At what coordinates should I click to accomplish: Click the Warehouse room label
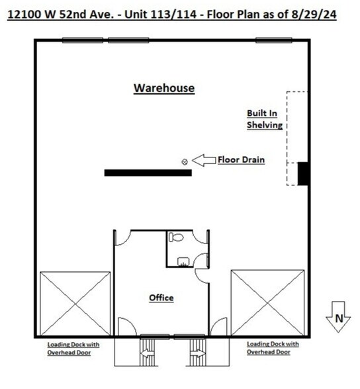(x=164, y=88)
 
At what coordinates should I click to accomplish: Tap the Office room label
(x=161, y=298)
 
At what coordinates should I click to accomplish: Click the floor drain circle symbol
(x=185, y=161)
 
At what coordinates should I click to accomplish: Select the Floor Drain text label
(x=242, y=159)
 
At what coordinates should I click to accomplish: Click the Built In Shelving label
(x=265, y=119)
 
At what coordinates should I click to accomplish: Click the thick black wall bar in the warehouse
(x=148, y=173)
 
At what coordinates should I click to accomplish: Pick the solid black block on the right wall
(x=303, y=173)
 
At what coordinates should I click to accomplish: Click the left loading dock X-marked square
(x=75, y=303)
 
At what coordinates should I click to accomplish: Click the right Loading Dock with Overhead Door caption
(x=273, y=349)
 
